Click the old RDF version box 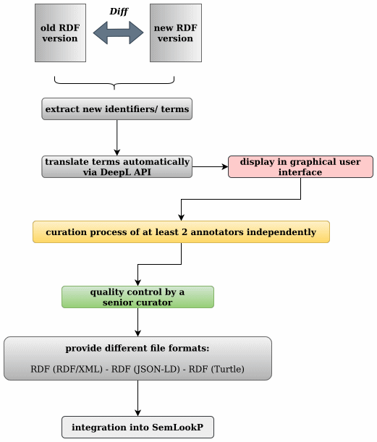click(60, 33)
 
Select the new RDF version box click(176, 33)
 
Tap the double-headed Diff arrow click(118, 33)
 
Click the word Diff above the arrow click(119, 12)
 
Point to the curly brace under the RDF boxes click(114, 83)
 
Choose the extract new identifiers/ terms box click(117, 109)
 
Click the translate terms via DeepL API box click(117, 167)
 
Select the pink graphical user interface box click(300, 167)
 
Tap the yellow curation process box click(182, 232)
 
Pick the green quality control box click(138, 297)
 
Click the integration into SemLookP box click(138, 428)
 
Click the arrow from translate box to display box click(210, 167)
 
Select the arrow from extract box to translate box click(117, 137)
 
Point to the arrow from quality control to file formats click(138, 322)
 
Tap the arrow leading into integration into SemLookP click(138, 399)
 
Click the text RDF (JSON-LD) click(145, 369)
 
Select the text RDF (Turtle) click(216, 369)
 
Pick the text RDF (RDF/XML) click(67, 369)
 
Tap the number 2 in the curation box click(185, 232)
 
